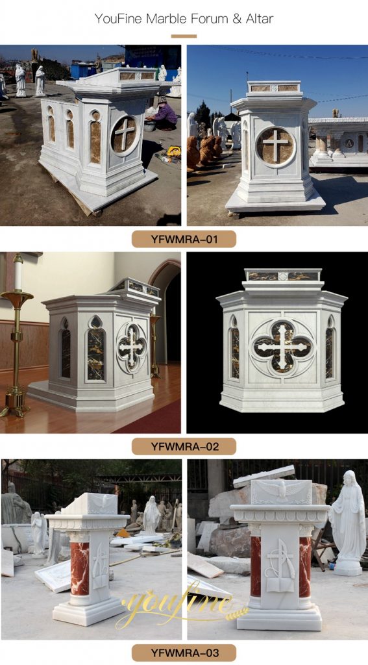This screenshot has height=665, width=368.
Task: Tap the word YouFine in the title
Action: (x=117, y=19)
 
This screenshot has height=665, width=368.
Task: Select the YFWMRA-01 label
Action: (x=184, y=240)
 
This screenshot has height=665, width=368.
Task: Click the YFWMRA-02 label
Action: (x=184, y=446)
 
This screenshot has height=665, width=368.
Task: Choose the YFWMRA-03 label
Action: (x=184, y=652)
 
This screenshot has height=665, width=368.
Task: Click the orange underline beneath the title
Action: (x=184, y=36)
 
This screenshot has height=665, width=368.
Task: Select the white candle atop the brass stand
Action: (x=18, y=273)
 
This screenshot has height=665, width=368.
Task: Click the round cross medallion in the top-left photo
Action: (x=124, y=134)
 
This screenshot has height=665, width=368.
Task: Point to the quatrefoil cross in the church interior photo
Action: (x=132, y=347)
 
